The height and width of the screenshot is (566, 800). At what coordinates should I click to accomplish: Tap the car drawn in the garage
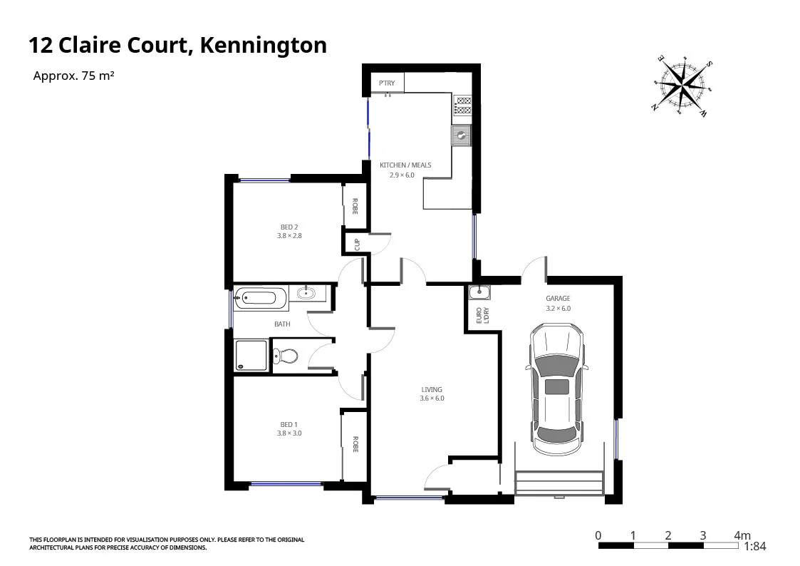557,389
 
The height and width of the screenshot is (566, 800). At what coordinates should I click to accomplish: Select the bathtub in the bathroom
260,297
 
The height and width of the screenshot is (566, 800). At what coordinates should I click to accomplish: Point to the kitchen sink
462,135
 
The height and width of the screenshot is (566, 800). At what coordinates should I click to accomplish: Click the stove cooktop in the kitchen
462,106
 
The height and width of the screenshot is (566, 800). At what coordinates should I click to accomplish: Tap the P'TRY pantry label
387,83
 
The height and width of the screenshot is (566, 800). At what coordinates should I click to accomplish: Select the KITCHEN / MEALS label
405,165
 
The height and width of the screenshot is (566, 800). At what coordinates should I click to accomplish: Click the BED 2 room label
289,227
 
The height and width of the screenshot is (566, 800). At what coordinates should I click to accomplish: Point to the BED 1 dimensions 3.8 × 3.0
289,433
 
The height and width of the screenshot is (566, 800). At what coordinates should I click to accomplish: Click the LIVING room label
432,389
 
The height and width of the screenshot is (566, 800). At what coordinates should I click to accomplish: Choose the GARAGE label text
559,299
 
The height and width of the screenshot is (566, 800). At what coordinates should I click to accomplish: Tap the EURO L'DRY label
482,314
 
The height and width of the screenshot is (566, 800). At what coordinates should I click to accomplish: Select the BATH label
282,324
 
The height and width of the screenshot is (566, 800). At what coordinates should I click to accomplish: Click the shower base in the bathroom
251,356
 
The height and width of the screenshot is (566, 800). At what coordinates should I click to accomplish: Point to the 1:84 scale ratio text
754,547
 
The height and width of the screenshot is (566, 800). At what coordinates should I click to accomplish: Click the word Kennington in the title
263,46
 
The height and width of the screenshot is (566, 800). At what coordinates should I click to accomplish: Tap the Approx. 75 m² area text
73,76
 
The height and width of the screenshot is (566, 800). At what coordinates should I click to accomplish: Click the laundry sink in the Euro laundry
479,292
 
